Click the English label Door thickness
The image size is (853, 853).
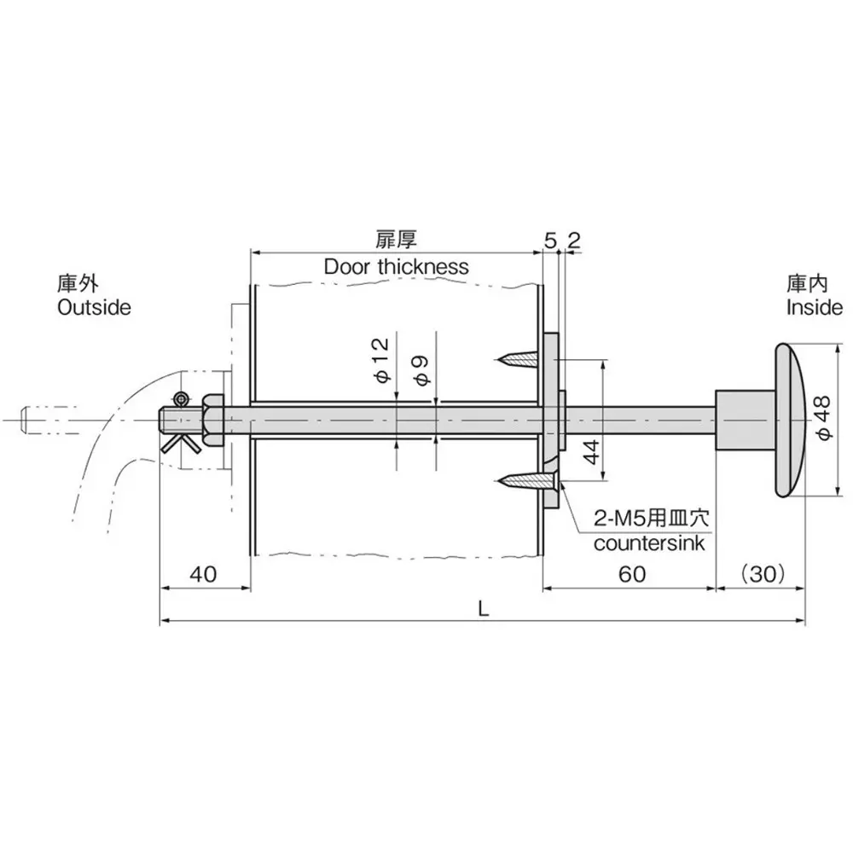click(x=396, y=267)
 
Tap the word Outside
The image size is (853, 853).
click(x=94, y=307)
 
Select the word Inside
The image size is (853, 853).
click(x=815, y=307)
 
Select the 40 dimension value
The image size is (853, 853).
click(x=203, y=574)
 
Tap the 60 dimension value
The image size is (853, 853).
click(x=630, y=574)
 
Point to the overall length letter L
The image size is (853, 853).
click(x=483, y=608)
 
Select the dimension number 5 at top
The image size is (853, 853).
click(x=549, y=241)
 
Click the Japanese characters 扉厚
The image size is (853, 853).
click(x=396, y=241)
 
